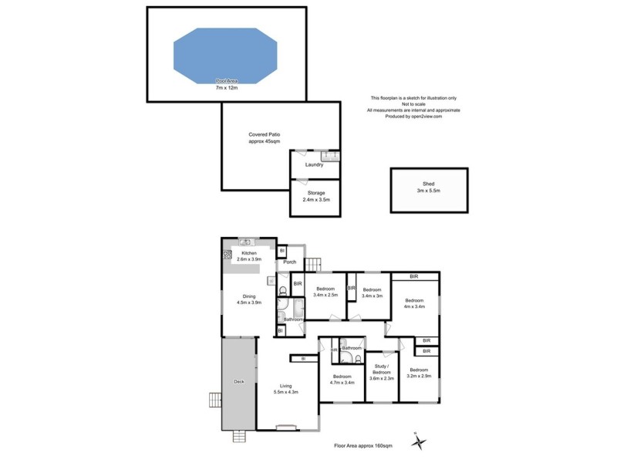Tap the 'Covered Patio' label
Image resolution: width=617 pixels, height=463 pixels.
point(264,134)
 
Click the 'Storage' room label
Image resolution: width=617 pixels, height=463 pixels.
point(314,193)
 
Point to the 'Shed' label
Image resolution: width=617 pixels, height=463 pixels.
point(429,184)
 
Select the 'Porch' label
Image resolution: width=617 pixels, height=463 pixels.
point(290,262)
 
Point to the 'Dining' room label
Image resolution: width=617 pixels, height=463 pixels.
point(248,296)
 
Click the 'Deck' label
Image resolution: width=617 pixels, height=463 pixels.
point(238,382)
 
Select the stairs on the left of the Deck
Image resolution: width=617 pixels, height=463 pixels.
point(214,400)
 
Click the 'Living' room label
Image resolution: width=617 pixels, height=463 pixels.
point(285,387)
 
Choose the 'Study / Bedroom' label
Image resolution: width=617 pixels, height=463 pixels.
point(382,370)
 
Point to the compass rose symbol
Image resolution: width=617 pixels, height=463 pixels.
point(420,442)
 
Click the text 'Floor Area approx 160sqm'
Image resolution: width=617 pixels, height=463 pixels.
point(362,446)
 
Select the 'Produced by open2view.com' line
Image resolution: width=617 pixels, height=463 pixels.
point(413,117)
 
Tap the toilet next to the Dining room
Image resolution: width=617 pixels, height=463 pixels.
point(284,291)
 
